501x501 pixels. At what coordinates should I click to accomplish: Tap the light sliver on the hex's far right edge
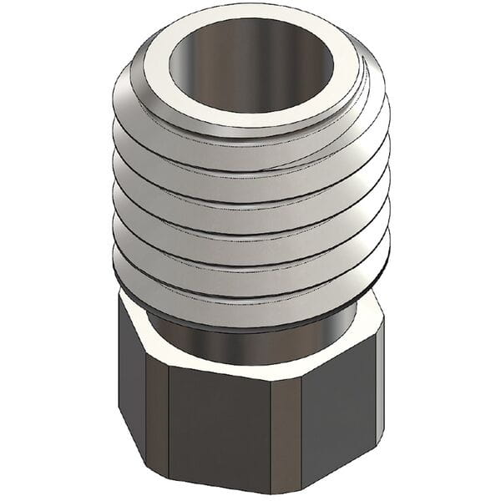click(379, 376)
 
